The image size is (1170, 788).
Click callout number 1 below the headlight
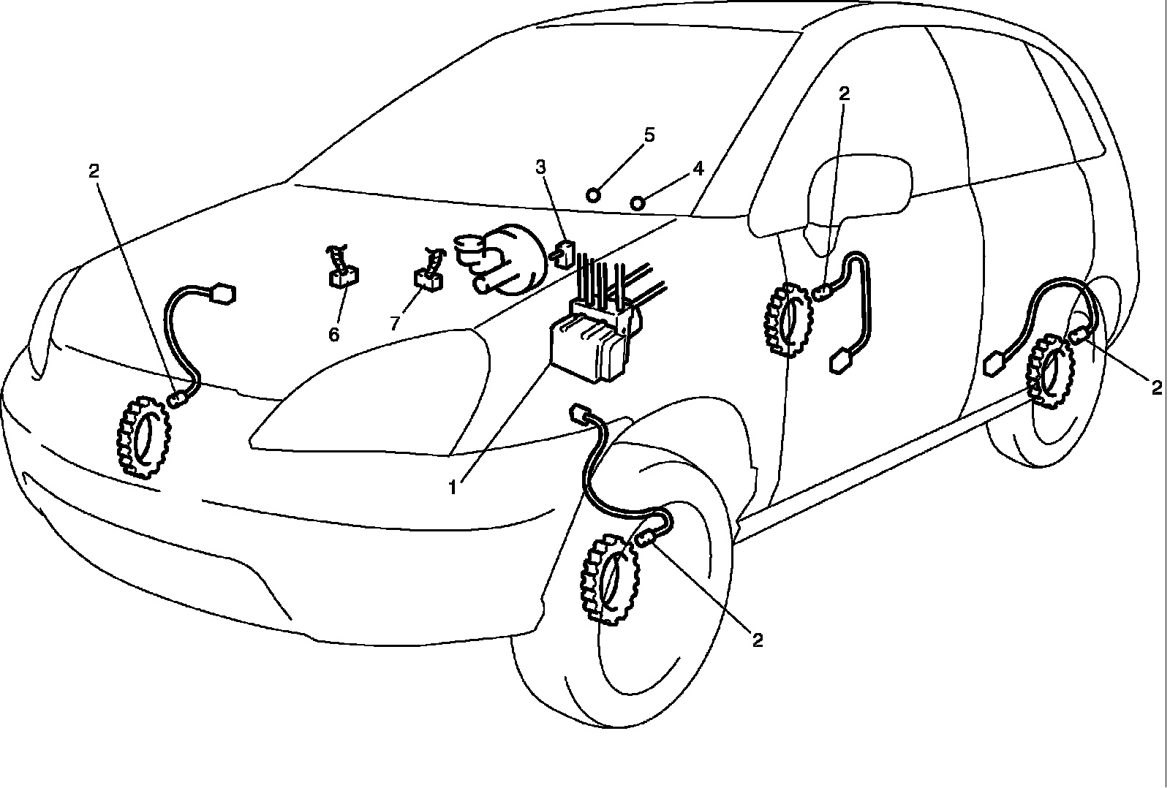tap(453, 485)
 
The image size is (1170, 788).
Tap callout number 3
tap(540, 167)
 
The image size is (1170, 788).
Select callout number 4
tap(698, 169)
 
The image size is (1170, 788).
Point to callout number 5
tap(649, 135)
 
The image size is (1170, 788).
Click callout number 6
tap(333, 334)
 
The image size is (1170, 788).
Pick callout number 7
tap(395, 322)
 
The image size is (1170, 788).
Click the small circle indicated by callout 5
tap(595, 194)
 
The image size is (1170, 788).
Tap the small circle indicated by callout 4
tap(638, 202)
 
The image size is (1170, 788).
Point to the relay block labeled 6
tap(342, 277)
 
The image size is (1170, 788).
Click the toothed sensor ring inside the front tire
tap(610, 577)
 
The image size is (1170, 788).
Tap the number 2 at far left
tap(94, 170)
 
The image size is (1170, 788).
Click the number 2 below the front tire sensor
tap(758, 640)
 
